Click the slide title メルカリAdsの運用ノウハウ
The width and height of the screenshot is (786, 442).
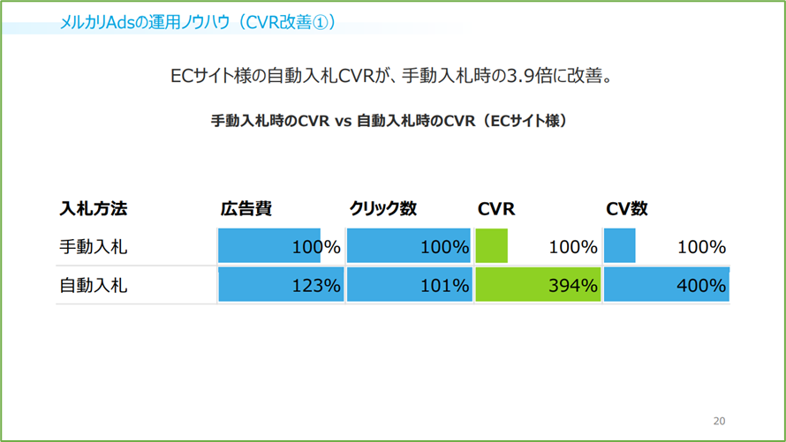pyautogui.click(x=144, y=23)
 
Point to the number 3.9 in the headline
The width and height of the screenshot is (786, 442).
pyautogui.click(x=520, y=76)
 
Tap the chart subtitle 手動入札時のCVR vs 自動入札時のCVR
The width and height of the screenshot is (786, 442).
pyautogui.click(x=343, y=121)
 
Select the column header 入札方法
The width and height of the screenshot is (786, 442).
pyautogui.click(x=94, y=209)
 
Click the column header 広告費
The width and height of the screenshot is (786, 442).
pyautogui.click(x=246, y=209)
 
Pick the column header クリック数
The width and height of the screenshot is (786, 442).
pyautogui.click(x=383, y=209)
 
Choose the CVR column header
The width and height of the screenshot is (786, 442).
pyautogui.click(x=496, y=209)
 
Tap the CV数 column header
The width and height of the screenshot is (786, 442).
pyautogui.click(x=627, y=209)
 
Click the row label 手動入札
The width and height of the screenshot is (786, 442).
pyautogui.click(x=94, y=247)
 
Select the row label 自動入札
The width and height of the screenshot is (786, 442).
pyautogui.click(x=94, y=285)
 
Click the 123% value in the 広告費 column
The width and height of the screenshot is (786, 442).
pyautogui.click(x=316, y=285)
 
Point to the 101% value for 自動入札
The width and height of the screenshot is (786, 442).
pyautogui.click(x=444, y=285)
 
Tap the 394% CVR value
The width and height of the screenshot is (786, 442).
pyautogui.click(x=573, y=285)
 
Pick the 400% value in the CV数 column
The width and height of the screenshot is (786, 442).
pyautogui.click(x=701, y=285)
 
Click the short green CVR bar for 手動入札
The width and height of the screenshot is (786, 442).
pyautogui.click(x=491, y=246)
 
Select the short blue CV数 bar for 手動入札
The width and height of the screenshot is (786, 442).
pyautogui.click(x=620, y=246)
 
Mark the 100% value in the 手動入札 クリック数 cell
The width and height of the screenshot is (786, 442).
pyautogui.click(x=444, y=247)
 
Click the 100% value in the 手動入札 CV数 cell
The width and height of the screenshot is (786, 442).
pyautogui.click(x=701, y=247)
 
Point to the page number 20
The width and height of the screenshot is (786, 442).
pyautogui.click(x=720, y=421)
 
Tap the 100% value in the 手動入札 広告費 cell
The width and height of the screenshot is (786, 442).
pyautogui.click(x=316, y=247)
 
